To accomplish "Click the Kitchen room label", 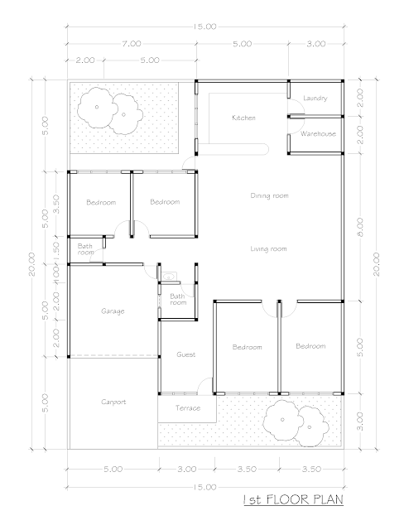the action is click(243, 118).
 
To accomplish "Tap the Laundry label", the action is click(315, 99).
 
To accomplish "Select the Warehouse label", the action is click(318, 134).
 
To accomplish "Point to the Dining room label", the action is click(269, 195).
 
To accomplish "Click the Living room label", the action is click(268, 249).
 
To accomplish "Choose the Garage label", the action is click(113, 311).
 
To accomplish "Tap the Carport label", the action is click(113, 402).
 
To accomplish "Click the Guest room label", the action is click(186, 354).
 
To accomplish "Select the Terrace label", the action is click(188, 408).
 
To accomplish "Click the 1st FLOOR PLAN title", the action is click(293, 499).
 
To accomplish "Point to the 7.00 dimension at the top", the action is click(132, 44).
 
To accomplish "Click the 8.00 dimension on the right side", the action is click(360, 227).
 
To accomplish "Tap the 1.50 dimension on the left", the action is click(56, 250).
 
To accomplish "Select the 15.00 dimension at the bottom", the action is click(204, 487).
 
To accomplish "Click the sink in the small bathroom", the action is click(168, 277).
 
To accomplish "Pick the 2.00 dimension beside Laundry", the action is click(360, 98).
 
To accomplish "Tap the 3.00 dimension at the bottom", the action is click(186, 470).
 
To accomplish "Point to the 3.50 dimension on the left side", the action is click(56, 204).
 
